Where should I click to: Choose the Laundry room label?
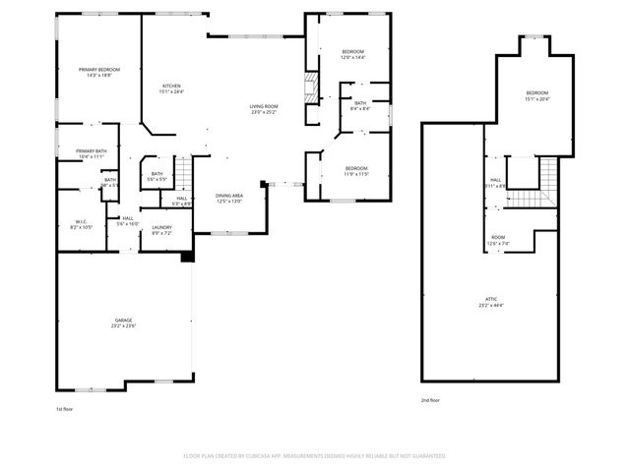(161, 230)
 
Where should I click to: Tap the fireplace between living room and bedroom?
(309, 89)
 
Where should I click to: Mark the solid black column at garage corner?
(185, 258)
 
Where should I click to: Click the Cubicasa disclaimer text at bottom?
(315, 456)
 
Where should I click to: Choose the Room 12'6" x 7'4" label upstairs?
(499, 241)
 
